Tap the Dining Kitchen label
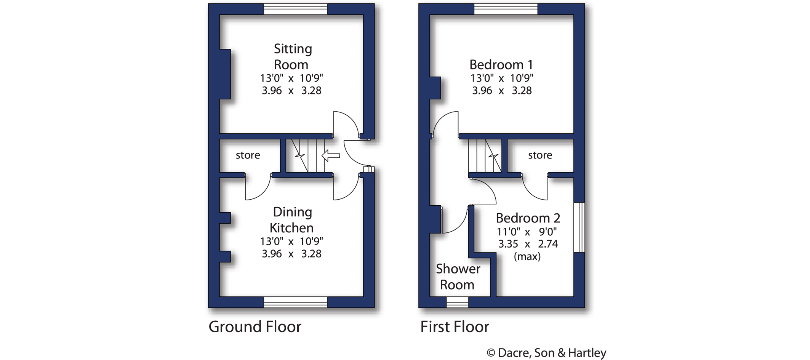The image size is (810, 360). click(x=292, y=220)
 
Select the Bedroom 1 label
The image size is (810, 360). click(x=501, y=65)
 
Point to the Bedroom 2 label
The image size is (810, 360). click(x=528, y=218)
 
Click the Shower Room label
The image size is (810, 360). click(x=458, y=277)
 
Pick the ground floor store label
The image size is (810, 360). click(x=248, y=155)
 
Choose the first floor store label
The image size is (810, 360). click(x=540, y=155)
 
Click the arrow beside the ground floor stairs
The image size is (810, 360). click(x=331, y=155)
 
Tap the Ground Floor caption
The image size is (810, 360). click(x=255, y=327)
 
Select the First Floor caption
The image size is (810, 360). click(x=455, y=327)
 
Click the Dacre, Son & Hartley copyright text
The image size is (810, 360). click(x=546, y=353)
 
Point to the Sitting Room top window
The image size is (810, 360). click(x=295, y=9)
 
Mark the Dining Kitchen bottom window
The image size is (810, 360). click(x=295, y=302)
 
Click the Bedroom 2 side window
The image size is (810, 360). click(x=579, y=227)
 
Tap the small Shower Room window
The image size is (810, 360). click(x=457, y=302)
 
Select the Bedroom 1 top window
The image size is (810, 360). click(x=506, y=9)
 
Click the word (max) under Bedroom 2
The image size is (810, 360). click(x=527, y=256)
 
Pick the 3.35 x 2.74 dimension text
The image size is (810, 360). click(x=528, y=244)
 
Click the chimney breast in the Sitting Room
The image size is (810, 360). click(x=225, y=74)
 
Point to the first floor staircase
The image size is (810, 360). click(x=485, y=156)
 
